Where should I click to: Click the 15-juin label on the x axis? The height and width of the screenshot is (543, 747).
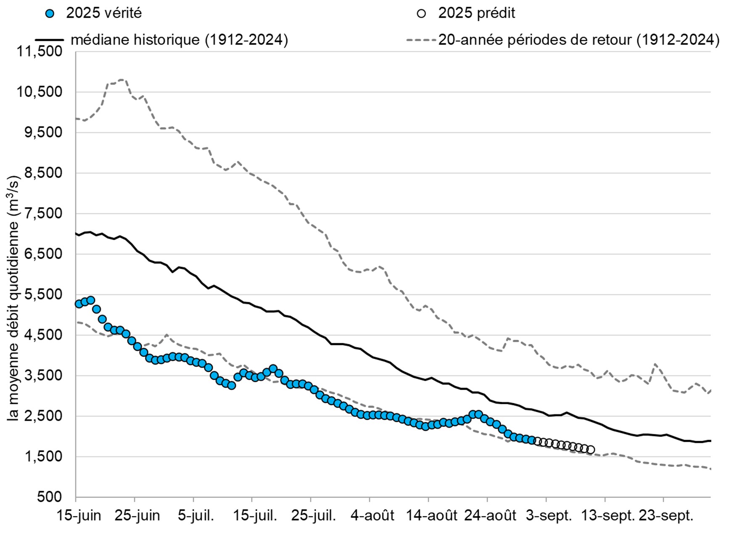(x=79, y=516)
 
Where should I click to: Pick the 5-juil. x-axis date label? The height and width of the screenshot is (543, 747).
(x=195, y=516)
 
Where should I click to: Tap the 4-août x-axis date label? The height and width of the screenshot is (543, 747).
(x=372, y=516)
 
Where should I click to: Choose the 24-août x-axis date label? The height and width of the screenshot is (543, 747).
(x=490, y=516)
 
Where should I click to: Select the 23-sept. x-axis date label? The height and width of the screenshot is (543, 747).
(x=666, y=516)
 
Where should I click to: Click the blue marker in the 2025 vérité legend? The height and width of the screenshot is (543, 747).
(x=50, y=14)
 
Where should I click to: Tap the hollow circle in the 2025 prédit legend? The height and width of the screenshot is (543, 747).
(x=421, y=14)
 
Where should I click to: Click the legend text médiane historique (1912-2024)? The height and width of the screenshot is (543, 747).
(x=179, y=40)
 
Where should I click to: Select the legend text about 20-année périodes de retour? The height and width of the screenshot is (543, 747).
(x=579, y=40)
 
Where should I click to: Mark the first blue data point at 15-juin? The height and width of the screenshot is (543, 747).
(x=79, y=304)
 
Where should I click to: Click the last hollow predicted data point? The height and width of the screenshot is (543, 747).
(x=591, y=450)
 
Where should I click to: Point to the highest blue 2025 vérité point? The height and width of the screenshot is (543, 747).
(x=91, y=300)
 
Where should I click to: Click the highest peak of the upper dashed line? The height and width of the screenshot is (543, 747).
(x=122, y=79)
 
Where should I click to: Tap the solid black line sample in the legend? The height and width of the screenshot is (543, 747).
(x=49, y=40)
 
